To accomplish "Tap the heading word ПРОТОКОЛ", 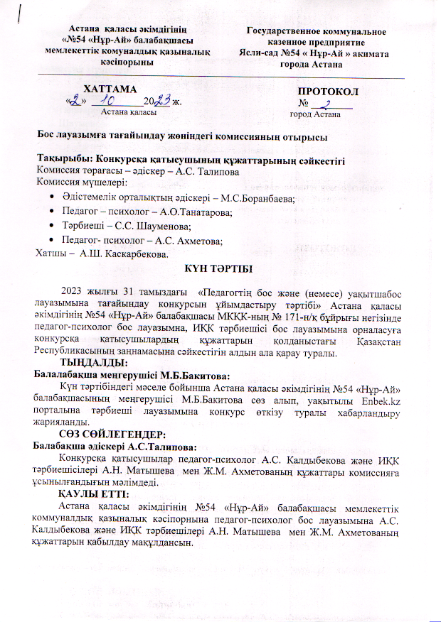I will pos(328,92).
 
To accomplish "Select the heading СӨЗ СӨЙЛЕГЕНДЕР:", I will pos(113,433).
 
